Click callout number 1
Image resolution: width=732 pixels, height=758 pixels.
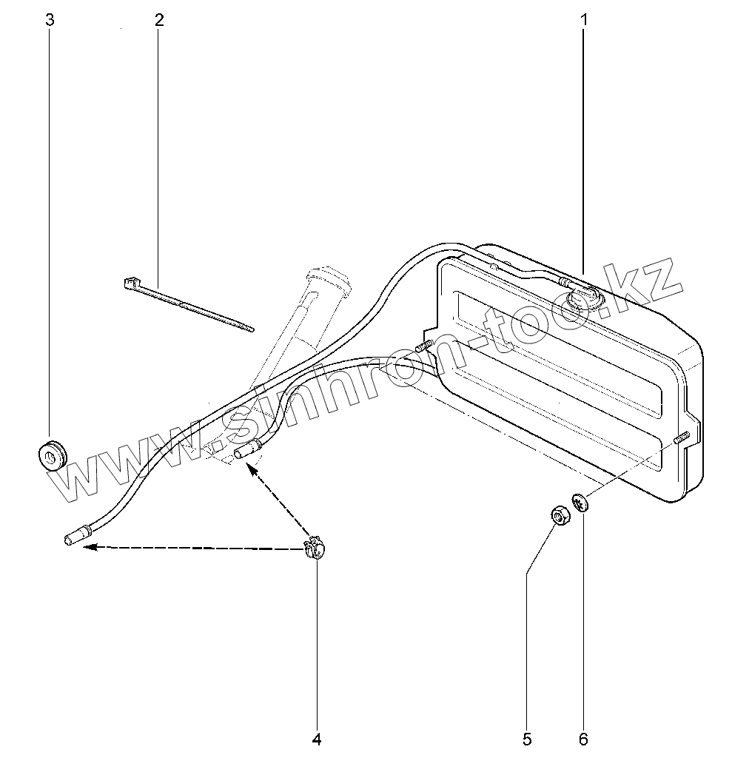(583, 20)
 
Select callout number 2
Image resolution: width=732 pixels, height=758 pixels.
(159, 20)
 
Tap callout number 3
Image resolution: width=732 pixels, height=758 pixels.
(50, 20)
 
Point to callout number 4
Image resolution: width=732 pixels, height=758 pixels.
(317, 738)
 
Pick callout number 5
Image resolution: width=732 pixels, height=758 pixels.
(527, 738)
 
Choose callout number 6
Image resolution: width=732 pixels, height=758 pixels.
(583, 738)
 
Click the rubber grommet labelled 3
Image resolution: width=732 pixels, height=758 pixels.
(52, 455)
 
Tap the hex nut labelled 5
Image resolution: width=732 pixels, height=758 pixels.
(560, 514)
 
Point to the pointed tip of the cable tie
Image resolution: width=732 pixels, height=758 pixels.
(251, 329)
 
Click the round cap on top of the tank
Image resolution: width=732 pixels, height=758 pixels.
(584, 298)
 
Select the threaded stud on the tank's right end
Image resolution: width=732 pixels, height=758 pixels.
(682, 437)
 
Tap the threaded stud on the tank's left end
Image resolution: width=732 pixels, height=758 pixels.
(425, 346)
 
